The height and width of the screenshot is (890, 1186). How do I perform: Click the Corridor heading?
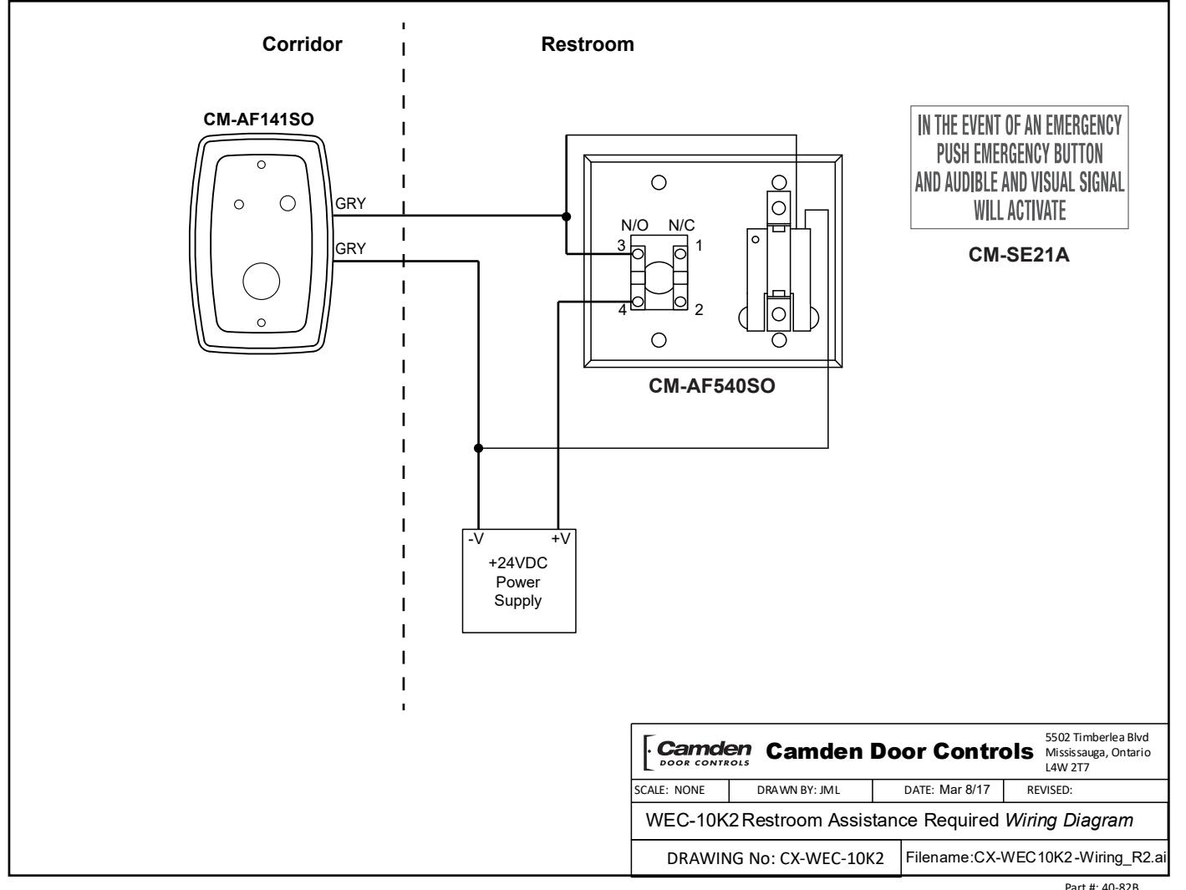tap(302, 44)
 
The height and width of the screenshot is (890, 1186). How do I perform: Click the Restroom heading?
tap(588, 44)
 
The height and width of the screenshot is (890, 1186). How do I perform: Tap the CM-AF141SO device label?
tap(258, 120)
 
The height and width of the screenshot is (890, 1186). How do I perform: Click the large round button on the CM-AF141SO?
tap(262, 281)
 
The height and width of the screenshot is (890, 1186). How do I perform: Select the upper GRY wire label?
tap(350, 204)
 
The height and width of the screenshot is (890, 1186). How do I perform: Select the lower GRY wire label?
tap(350, 248)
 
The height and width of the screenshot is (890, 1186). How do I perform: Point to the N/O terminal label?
tap(634, 225)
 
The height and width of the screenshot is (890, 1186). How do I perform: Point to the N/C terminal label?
tap(681, 225)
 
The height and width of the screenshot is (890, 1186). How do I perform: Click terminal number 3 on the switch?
tap(621, 245)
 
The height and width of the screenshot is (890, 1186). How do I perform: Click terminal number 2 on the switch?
tap(699, 309)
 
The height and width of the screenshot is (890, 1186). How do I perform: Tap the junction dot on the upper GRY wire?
tap(566, 216)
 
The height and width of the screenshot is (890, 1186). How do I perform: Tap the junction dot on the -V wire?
tap(478, 448)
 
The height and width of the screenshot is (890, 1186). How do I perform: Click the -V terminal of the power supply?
tap(476, 538)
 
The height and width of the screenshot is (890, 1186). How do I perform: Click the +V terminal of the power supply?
tap(560, 538)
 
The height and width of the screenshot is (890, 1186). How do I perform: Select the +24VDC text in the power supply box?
tap(517, 562)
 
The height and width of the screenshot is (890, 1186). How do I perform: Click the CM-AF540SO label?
tap(711, 385)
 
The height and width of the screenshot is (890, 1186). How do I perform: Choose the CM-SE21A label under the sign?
tap(1019, 254)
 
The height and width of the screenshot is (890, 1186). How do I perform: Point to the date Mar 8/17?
tap(965, 790)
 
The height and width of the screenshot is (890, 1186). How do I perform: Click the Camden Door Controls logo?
tap(697, 752)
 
